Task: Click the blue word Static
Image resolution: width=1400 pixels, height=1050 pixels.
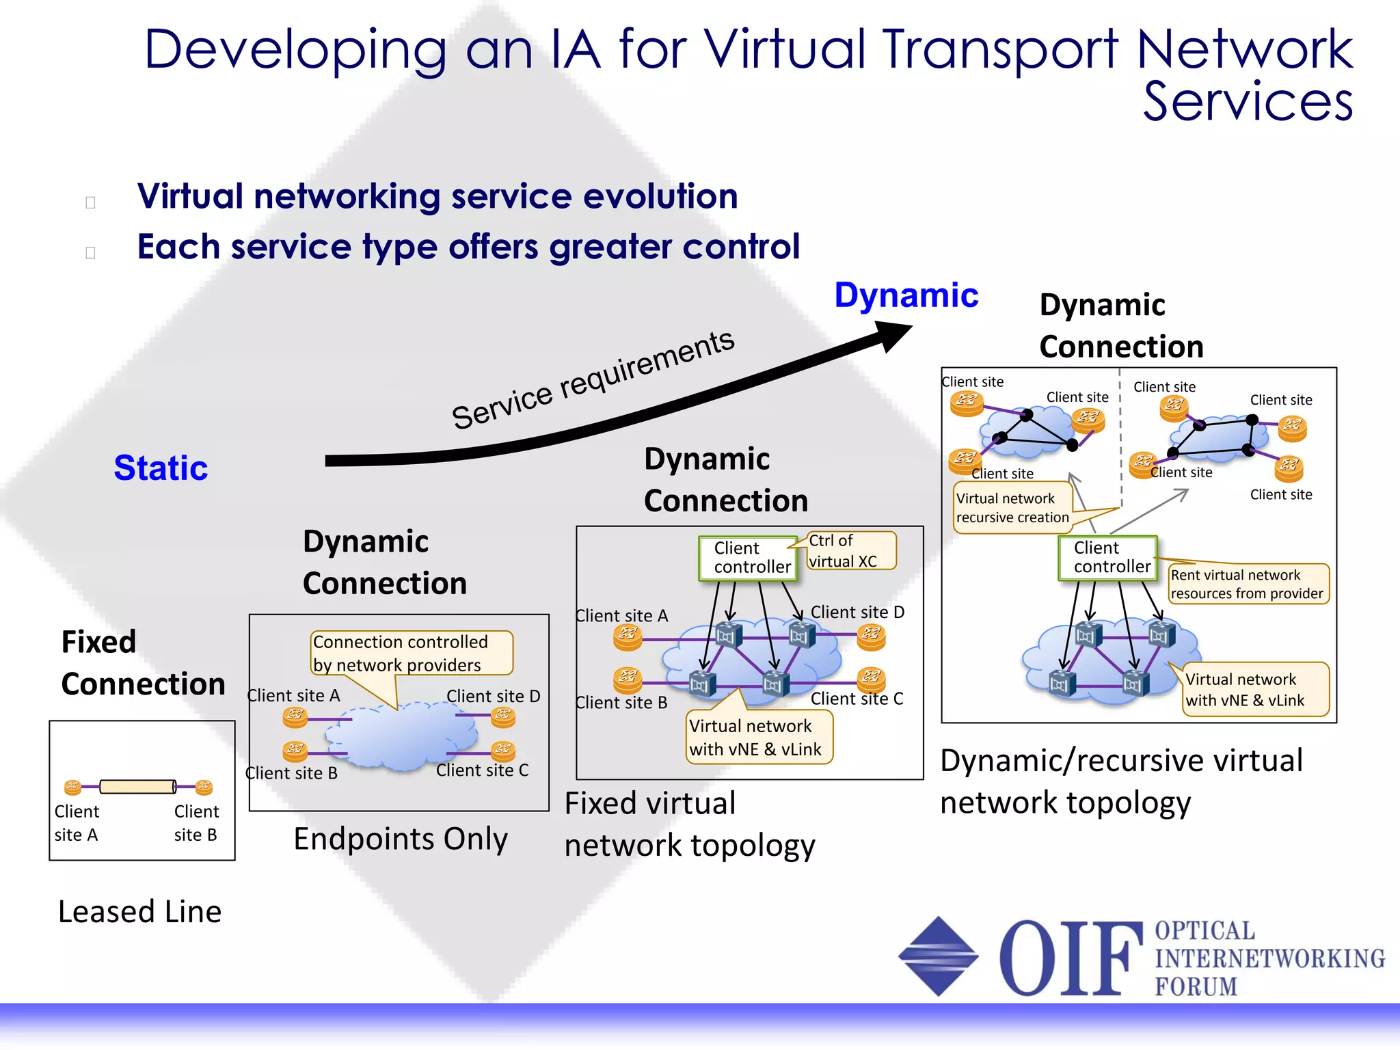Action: [x=161, y=468]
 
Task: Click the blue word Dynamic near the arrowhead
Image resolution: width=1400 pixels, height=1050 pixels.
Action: [x=906, y=296]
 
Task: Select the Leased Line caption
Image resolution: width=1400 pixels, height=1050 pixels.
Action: [x=140, y=911]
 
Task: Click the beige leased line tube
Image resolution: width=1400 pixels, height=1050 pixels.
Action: [x=137, y=787]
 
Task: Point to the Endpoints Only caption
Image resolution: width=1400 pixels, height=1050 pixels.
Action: [x=401, y=839]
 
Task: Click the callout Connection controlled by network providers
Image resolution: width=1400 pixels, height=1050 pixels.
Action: [x=410, y=653]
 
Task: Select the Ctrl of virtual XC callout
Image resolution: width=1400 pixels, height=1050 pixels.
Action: [x=850, y=551]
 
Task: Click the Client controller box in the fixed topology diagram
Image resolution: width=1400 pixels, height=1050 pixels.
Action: [x=749, y=558]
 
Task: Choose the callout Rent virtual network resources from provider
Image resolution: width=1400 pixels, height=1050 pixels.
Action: [x=1248, y=584]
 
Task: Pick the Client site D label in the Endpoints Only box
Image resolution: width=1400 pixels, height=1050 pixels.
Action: [x=493, y=696]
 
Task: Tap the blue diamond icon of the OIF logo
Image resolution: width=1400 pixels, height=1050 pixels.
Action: [x=938, y=956]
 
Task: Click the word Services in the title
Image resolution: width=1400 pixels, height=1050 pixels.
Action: [x=1248, y=101]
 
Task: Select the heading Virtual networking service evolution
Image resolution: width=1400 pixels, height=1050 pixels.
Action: [x=437, y=197]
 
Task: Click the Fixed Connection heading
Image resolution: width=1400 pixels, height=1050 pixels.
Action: [x=142, y=662]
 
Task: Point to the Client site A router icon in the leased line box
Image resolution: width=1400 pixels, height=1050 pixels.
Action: [x=72, y=787]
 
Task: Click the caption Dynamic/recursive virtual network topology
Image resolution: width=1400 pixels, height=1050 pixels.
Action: [x=1121, y=781]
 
